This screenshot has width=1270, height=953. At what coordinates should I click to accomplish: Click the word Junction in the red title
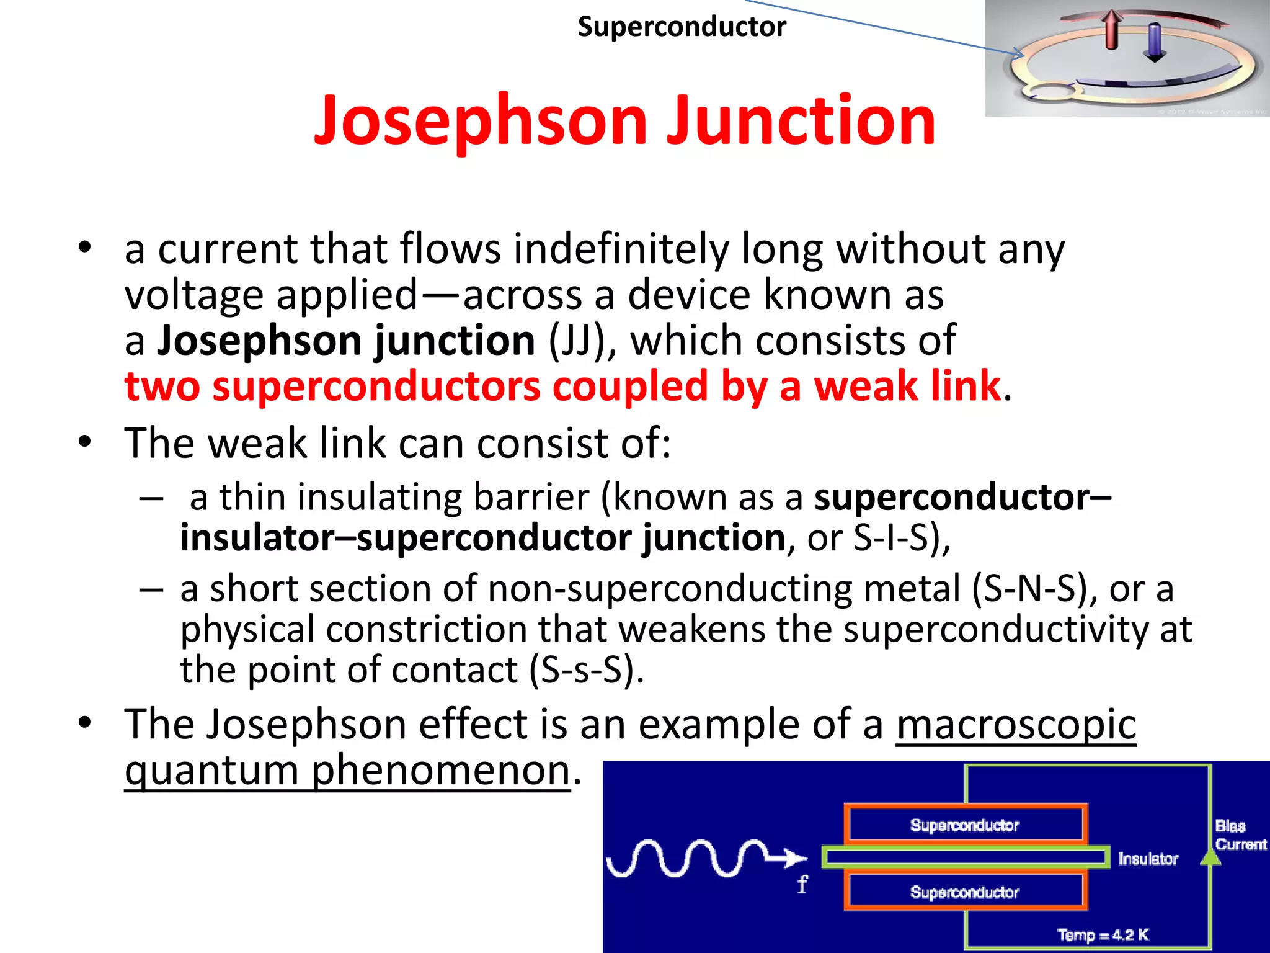tap(800, 121)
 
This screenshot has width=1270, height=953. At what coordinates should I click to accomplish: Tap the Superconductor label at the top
tap(682, 27)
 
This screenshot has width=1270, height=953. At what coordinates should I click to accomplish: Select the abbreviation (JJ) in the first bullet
tap(581, 341)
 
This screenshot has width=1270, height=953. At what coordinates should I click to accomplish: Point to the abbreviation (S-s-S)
tap(586, 670)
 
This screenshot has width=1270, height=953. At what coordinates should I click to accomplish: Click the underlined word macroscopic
tap(1016, 724)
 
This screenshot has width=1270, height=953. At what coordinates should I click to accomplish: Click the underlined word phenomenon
tap(440, 771)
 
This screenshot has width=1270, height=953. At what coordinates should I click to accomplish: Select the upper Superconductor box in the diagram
tap(964, 825)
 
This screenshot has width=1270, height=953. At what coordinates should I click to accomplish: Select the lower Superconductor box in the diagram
tap(964, 892)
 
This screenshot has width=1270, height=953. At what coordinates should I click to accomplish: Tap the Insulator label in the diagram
tap(1148, 859)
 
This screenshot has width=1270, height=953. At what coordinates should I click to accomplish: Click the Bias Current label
tap(1240, 834)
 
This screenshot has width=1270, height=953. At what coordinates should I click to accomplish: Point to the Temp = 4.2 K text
tap(1103, 934)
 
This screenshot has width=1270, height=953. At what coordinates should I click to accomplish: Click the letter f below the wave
tap(802, 884)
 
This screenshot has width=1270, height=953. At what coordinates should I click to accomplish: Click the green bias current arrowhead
tap(1210, 857)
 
